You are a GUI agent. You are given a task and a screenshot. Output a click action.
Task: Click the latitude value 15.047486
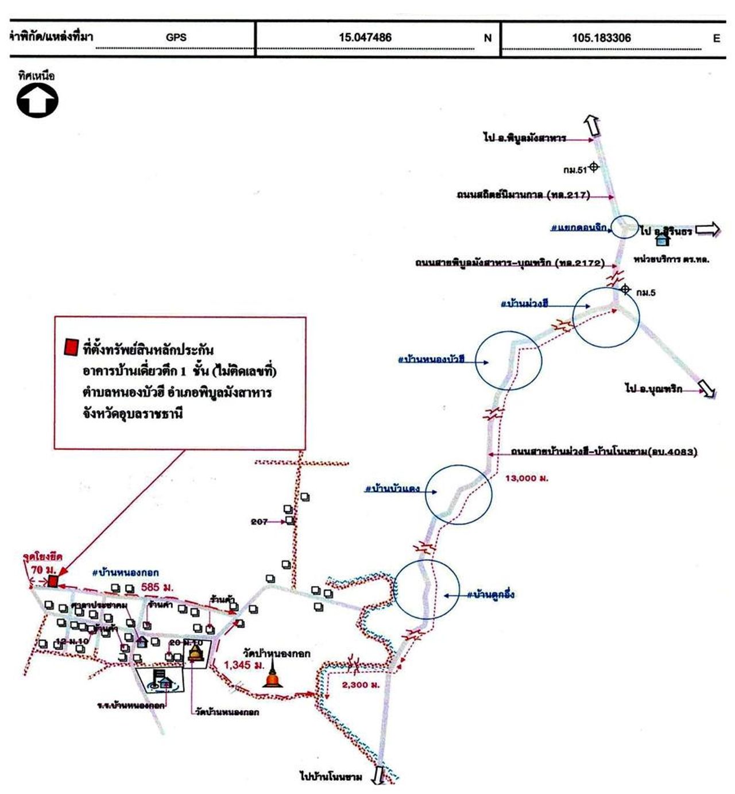pyautogui.click(x=365, y=38)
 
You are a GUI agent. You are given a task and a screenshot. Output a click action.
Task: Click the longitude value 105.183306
pyautogui.click(x=601, y=38)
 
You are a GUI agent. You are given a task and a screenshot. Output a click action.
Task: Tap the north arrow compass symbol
pyautogui.click(x=37, y=101)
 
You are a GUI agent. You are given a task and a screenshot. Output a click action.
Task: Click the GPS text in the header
pyautogui.click(x=176, y=38)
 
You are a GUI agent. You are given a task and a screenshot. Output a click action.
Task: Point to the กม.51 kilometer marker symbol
pyautogui.click(x=594, y=168)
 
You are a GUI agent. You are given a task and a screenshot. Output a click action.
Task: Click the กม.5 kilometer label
pyautogui.click(x=645, y=293)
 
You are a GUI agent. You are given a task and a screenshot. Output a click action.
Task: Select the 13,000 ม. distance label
pyautogui.click(x=527, y=478)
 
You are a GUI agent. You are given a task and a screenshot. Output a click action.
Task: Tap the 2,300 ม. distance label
pyautogui.click(x=361, y=685)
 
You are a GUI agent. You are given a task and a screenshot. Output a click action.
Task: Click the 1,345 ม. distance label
pyautogui.click(x=244, y=665)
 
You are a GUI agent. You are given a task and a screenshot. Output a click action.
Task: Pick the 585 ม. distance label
pyautogui.click(x=157, y=587)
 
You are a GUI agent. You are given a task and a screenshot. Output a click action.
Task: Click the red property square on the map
pyautogui.click(x=53, y=581)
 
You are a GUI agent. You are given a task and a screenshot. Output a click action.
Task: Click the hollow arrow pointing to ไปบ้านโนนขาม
pyautogui.click(x=377, y=775)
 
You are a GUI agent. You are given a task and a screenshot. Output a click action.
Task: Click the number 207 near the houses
pyautogui.click(x=259, y=522)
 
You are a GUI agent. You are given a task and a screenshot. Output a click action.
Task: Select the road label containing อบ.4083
pyautogui.click(x=604, y=452)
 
